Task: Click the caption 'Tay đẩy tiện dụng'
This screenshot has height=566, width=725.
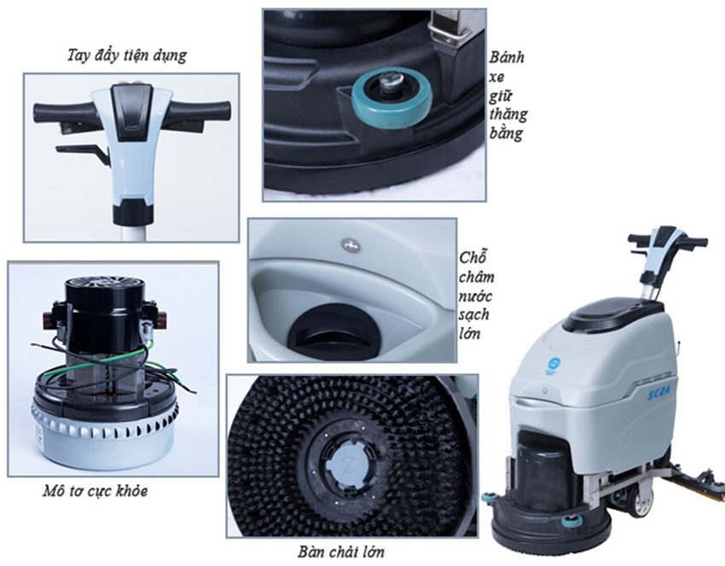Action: pyautogui.click(x=126, y=57)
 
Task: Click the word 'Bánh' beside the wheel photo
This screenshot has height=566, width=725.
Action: pyautogui.click(x=507, y=58)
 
